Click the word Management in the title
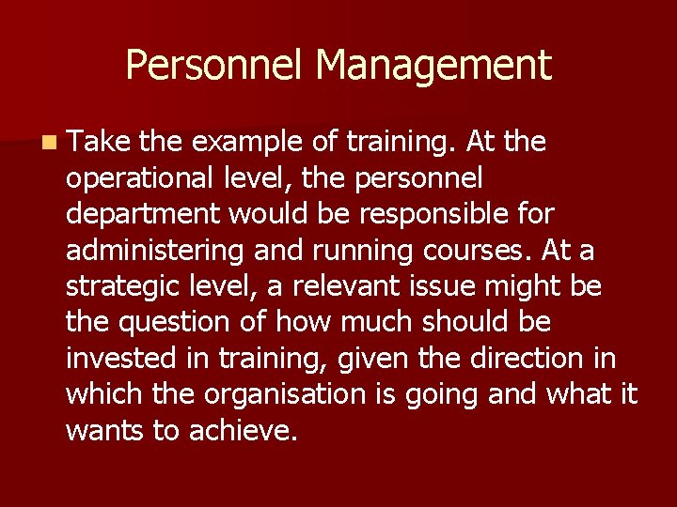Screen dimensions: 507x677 433,66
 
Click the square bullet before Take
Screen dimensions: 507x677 48,144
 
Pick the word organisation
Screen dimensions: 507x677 287,394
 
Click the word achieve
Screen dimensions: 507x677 243,431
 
